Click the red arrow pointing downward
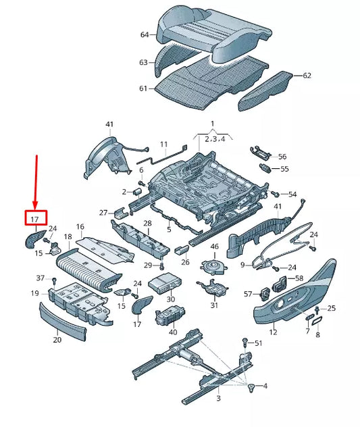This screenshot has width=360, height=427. pos(36,181)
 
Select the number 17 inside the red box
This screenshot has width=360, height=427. pos(36,218)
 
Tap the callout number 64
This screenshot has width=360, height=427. pos(144,34)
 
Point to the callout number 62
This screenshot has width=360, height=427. pos(307,76)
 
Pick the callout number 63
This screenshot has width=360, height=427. pos(143,62)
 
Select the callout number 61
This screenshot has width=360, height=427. pos(143,89)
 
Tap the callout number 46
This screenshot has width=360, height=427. pos(215,247)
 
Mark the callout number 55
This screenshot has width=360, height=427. pos(284,169)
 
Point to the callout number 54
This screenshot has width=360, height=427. pos(292,195)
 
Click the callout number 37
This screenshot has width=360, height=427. pos(40,278)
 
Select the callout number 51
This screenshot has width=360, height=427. pos(258,343)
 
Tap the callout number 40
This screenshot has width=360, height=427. pos(173,332)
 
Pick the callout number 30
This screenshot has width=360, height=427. pos(170,299)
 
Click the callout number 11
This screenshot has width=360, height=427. pos(163,145)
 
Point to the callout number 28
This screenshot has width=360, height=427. pos(147,223)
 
